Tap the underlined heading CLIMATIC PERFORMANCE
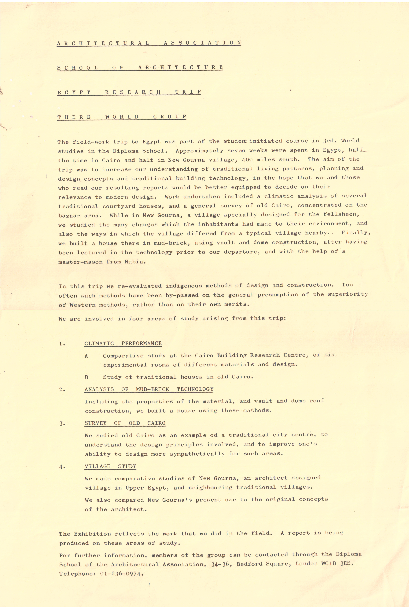[x=123, y=343]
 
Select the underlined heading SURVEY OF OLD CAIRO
[x=125, y=423]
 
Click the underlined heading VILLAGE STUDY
[x=110, y=466]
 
